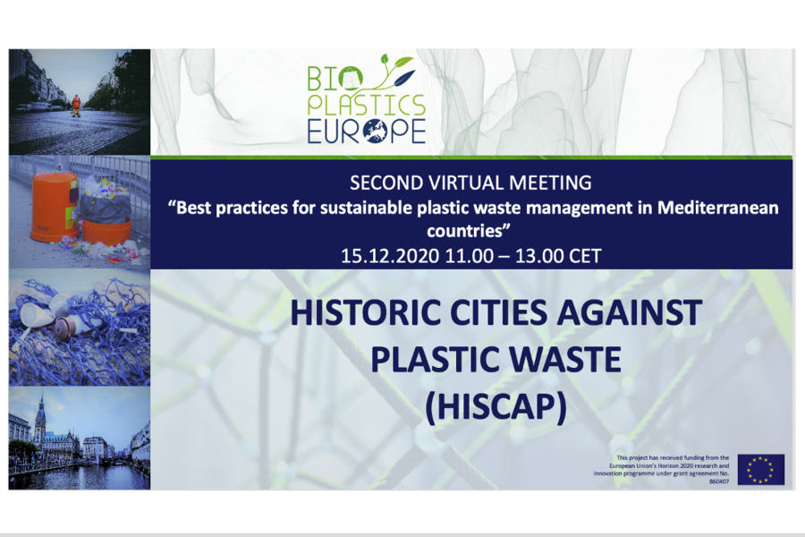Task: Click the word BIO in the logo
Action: point(335,78)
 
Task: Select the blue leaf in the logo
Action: point(404,78)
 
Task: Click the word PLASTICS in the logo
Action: point(367,105)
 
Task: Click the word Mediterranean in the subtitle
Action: point(717,208)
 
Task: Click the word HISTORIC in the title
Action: point(366,312)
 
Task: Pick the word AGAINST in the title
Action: point(630,312)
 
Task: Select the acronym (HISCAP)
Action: point(496,406)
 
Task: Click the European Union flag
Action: point(761,469)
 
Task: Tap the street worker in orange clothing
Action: point(76,106)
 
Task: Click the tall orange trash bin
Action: point(53,206)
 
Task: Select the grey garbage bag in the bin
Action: point(106,208)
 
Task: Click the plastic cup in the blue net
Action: point(37,314)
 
